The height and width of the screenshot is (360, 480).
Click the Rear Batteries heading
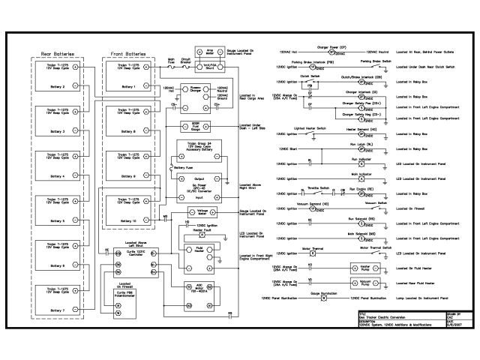[56, 53]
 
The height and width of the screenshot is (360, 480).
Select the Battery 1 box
[124, 77]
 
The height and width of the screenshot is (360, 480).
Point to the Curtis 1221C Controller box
[125, 259]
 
